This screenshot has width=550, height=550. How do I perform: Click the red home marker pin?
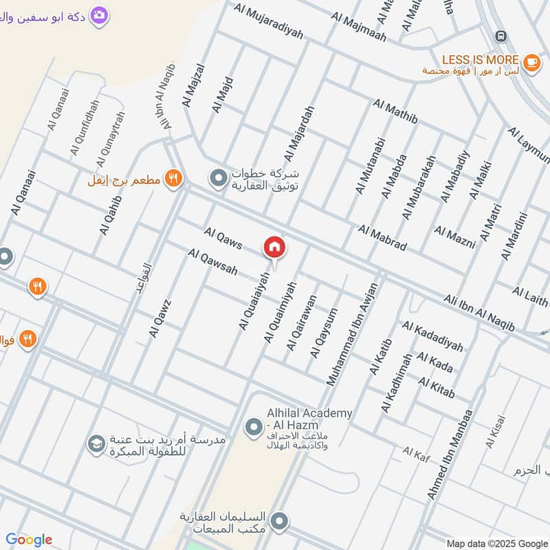[x=274, y=247]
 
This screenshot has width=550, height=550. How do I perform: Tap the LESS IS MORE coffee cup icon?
[x=531, y=62]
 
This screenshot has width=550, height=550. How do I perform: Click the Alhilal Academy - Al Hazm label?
[x=309, y=419]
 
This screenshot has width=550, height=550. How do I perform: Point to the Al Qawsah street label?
[x=212, y=264]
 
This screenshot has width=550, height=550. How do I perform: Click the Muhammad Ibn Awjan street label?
[x=352, y=334]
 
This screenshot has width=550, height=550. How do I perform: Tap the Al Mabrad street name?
[x=382, y=237]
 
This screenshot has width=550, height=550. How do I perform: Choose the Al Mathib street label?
[x=395, y=113]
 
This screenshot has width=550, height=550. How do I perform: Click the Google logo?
[x=29, y=540]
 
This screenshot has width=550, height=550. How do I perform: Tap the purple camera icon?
[x=100, y=14]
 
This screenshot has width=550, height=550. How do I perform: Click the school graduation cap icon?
[x=96, y=445]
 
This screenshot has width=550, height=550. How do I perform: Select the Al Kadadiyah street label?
[x=432, y=335]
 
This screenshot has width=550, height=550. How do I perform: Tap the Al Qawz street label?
[x=159, y=318]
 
